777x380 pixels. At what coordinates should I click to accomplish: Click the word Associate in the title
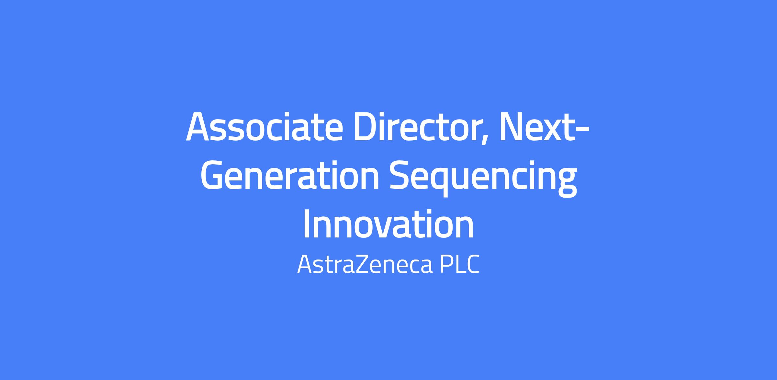264,127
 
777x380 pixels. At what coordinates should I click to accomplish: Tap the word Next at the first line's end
537,127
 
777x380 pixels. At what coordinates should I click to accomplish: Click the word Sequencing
483,179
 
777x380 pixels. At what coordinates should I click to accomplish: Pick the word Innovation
388,224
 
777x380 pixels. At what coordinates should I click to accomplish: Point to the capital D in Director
368,127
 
